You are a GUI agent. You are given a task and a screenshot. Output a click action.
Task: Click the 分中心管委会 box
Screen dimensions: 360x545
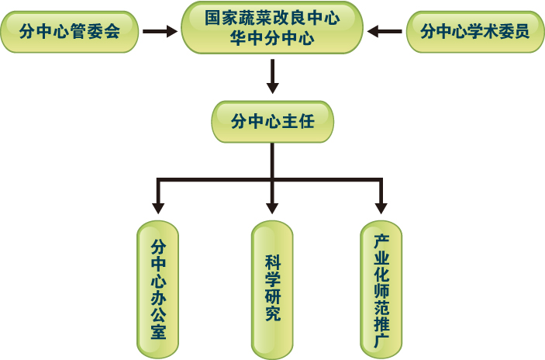point(70,33)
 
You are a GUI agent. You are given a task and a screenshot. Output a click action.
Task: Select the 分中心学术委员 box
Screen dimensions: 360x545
point(474,32)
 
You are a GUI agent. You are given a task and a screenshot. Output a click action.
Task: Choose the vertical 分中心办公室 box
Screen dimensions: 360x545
point(157,288)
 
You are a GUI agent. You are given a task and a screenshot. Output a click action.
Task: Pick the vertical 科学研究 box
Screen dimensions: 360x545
point(272,288)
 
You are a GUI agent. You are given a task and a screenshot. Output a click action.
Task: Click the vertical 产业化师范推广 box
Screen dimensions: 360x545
point(381,288)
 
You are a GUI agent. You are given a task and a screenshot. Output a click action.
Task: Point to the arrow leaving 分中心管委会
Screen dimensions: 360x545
point(160,32)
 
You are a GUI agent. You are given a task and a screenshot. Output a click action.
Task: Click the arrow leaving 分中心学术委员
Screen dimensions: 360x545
point(385,32)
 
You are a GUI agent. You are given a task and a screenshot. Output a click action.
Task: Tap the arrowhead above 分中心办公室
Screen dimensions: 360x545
point(158,207)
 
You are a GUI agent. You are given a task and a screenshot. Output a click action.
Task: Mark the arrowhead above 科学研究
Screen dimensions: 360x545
point(272,207)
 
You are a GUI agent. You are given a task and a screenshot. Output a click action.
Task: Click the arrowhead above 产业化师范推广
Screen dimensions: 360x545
point(381,207)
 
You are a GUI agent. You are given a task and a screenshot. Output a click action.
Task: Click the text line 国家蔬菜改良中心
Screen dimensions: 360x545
point(272,19)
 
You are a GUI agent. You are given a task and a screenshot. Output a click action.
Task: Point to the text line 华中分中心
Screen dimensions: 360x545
point(272,39)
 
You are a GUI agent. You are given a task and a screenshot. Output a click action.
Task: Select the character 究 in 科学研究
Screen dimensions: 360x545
point(272,314)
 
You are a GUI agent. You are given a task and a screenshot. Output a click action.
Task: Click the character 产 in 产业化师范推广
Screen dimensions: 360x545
point(381,241)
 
